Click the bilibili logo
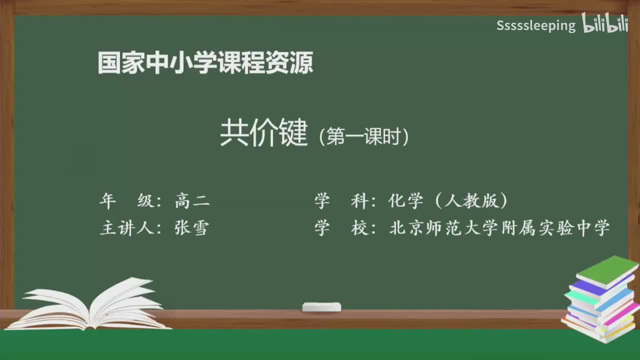(x=604, y=24)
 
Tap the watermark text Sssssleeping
(x=536, y=25)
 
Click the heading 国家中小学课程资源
(x=205, y=63)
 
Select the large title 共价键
(x=263, y=133)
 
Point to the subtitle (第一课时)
(x=364, y=136)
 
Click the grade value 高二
(x=192, y=201)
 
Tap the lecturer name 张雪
(x=191, y=228)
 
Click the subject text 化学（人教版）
(x=448, y=201)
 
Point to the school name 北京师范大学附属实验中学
(x=499, y=228)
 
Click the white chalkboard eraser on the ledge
(x=321, y=306)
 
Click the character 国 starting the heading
(x=108, y=63)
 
